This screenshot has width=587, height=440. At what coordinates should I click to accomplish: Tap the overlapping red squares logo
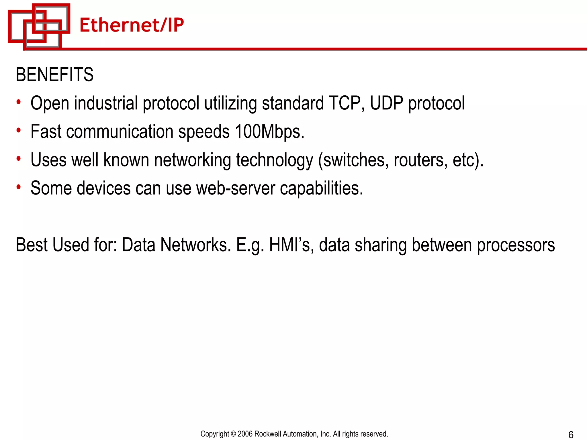click(x=39, y=26)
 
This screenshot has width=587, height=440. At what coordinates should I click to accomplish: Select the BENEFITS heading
click(x=54, y=75)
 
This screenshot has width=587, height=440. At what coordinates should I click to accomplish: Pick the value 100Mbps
click(x=269, y=131)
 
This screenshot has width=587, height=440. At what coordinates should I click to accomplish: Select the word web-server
click(x=236, y=188)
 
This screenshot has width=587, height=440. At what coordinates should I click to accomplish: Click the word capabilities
click(x=321, y=188)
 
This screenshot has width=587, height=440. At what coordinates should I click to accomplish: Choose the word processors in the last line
click(x=516, y=245)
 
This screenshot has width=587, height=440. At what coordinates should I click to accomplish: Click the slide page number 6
click(x=571, y=435)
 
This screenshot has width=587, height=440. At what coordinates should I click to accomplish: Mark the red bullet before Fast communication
click(x=19, y=131)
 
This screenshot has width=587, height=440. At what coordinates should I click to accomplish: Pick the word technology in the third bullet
click(x=275, y=160)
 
